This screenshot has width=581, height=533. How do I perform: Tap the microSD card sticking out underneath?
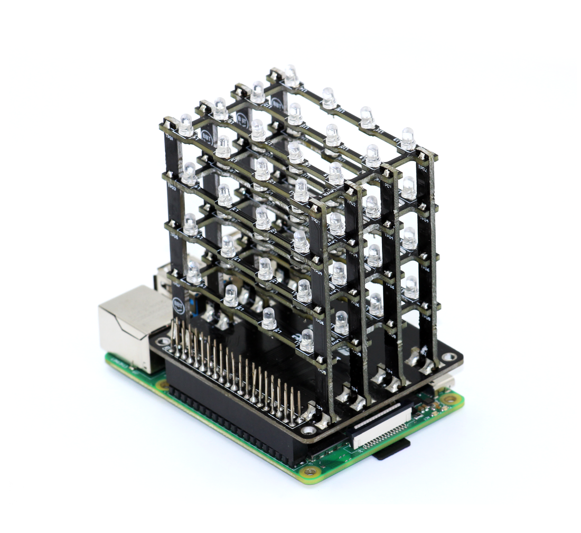[391, 449]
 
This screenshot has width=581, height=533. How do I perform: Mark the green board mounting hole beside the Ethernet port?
[163, 385]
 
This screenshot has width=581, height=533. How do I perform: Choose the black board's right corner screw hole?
[449, 357]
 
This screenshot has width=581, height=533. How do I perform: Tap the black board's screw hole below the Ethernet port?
[162, 342]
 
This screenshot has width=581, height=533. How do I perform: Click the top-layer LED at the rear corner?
[291, 75]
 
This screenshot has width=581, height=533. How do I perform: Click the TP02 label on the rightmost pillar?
[423, 169]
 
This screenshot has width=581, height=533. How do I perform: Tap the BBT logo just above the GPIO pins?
[179, 305]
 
